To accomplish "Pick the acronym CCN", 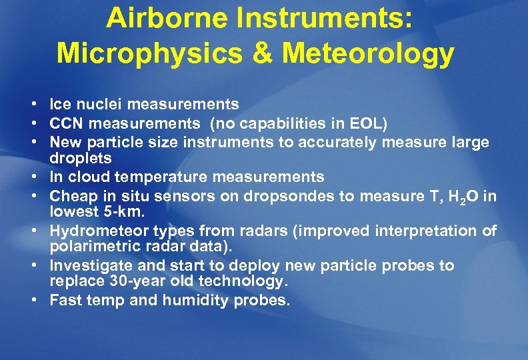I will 67,123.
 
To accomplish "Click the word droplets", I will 81,159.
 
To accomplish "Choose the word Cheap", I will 72,195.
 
